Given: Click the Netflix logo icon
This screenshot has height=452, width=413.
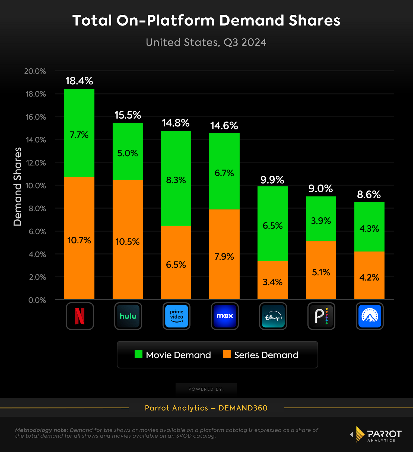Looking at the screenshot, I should tap(80, 316).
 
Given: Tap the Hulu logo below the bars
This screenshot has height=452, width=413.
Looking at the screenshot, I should tap(128, 316).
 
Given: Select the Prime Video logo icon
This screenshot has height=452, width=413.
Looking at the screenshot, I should tap(176, 316).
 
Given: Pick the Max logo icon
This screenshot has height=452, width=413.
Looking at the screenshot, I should tap(225, 316).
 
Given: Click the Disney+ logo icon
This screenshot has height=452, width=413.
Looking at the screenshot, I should tap(273, 316).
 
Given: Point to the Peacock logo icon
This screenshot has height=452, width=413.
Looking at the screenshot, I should tap(321, 316).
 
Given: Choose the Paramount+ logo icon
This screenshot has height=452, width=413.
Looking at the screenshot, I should tap(370, 316).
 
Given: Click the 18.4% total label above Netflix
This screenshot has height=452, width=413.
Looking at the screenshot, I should tap(79, 81).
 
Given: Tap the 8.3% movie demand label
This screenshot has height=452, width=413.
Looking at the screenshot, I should tap(176, 180).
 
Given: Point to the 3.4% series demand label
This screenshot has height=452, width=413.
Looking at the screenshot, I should tap(272, 282).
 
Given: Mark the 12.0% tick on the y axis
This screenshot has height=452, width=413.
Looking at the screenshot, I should tap(36, 163).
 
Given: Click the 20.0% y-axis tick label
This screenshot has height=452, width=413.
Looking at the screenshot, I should tap(35, 71).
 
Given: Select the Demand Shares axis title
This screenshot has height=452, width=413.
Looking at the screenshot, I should tap(18, 187).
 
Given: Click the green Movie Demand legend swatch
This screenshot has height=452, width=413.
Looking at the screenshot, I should tap(138, 354).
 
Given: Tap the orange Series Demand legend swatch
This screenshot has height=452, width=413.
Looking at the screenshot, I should tap(227, 354).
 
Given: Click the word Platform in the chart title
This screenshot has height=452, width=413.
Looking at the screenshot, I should tap(181, 21).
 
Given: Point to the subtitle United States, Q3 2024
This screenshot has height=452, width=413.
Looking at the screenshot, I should tap(206, 42).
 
